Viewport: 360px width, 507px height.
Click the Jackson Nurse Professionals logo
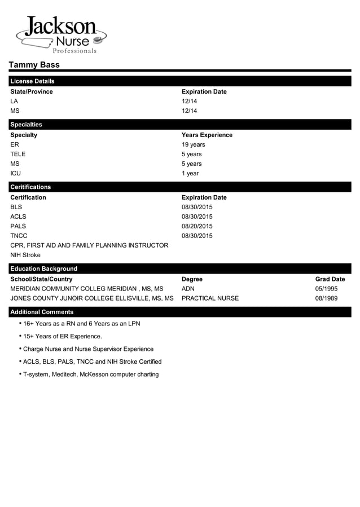click(x=61, y=35)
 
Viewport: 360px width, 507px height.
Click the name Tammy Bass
click(x=34, y=65)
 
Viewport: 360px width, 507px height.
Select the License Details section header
click(x=32, y=81)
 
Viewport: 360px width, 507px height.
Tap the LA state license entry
click(x=14, y=101)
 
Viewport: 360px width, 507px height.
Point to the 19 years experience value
click(x=193, y=144)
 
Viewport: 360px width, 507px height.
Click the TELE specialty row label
click(x=18, y=154)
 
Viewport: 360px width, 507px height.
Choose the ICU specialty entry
click(x=15, y=173)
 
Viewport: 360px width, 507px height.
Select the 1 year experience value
click(x=190, y=173)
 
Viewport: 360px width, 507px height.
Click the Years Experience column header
click(x=207, y=135)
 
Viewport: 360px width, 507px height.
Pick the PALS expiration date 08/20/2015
click(x=197, y=226)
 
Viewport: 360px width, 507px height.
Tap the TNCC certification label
click(x=19, y=236)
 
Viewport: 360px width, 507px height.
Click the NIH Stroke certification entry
click(x=25, y=255)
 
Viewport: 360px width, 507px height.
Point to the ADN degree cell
click(x=188, y=289)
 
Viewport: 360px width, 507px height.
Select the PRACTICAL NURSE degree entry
click(x=210, y=298)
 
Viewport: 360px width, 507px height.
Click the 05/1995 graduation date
click(x=326, y=289)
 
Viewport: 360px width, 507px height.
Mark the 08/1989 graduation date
click(x=326, y=298)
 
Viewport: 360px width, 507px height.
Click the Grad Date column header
click(x=330, y=279)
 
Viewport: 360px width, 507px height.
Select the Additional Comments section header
click(x=42, y=312)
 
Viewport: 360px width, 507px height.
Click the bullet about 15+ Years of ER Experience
click(x=62, y=336)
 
